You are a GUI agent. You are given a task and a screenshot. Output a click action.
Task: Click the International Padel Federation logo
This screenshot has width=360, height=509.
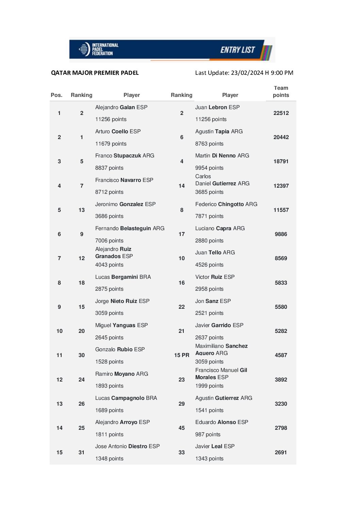pos(98,49)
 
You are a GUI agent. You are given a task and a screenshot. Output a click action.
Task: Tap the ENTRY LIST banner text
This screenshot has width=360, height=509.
pos(238,50)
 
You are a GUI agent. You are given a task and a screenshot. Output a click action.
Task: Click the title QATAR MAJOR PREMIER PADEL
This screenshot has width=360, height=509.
pos(95,73)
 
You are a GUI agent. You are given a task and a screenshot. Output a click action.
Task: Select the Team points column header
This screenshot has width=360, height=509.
pos(281,91)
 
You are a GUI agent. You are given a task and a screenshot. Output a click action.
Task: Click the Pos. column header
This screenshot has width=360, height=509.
pos(56,95)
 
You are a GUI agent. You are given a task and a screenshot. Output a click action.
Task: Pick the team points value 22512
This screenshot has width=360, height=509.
pos(281,113)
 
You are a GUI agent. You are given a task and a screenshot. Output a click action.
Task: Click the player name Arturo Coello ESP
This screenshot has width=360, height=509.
pos(118,132)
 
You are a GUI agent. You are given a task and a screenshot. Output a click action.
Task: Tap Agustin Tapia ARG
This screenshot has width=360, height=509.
pos(219,132)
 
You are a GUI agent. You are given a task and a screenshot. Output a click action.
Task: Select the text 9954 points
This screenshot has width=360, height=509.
pos(209,168)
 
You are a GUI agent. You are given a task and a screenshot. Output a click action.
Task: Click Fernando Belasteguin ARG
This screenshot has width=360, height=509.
pos(130,228)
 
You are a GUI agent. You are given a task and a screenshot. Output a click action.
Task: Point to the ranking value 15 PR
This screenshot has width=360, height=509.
pos(182,355)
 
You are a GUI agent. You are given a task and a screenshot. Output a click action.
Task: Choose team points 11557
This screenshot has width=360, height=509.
pos(281,210)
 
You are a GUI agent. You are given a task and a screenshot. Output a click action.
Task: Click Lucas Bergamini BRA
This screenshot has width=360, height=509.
pos(123,277)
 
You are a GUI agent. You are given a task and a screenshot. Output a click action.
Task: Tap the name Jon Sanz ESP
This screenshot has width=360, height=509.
pos(213,301)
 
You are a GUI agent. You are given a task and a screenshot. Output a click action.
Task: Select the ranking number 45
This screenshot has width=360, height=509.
pos(182,428)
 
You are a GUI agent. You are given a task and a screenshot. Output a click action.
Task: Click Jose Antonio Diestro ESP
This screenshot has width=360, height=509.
pos(127,446)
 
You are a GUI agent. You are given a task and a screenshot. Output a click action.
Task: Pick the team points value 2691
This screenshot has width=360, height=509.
pos(281,453)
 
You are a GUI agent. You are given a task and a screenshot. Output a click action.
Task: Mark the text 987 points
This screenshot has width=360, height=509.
pos(208,435)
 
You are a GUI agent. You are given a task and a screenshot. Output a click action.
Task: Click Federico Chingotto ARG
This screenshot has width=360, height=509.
pos(226,204)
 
